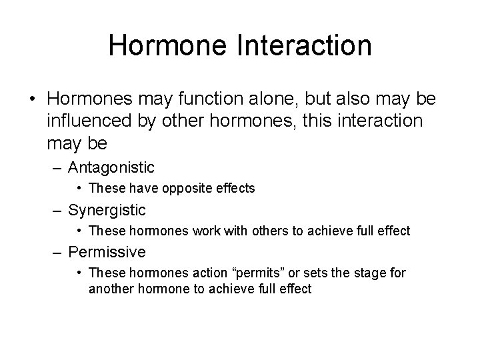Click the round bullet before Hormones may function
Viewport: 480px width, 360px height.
(33, 99)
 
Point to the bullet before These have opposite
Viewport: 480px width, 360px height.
(80, 189)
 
